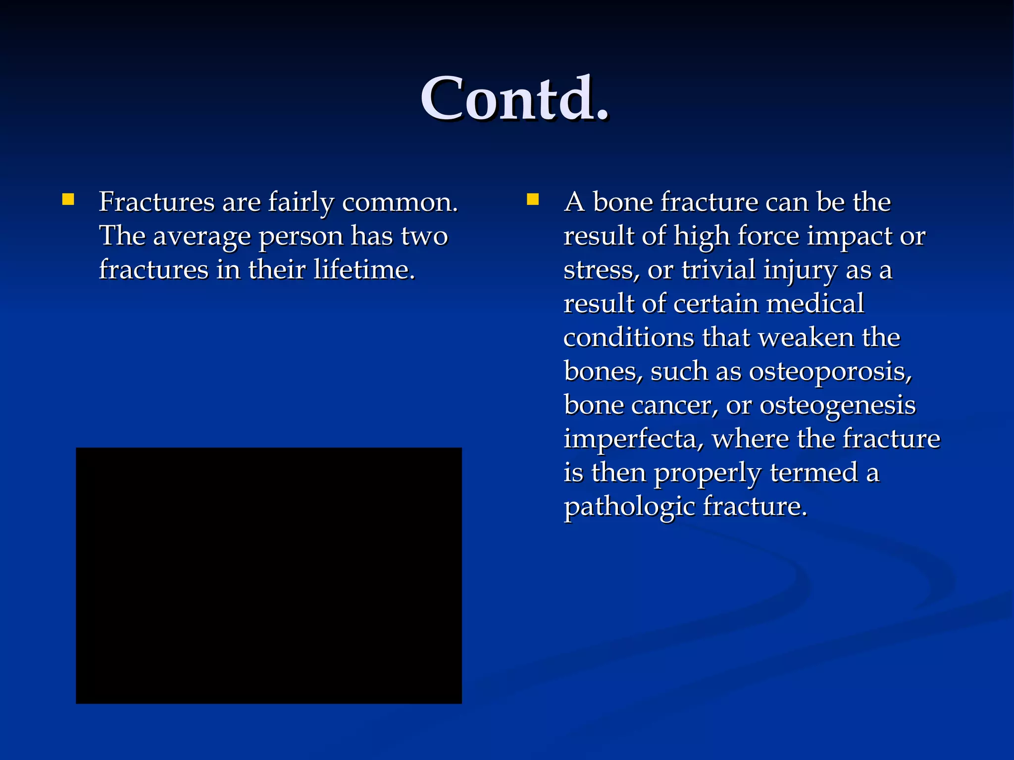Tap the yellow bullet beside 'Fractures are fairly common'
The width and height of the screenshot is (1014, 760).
coord(68,200)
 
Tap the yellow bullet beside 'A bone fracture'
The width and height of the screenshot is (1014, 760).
coord(533,200)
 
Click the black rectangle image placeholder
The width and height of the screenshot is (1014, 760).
coord(268,575)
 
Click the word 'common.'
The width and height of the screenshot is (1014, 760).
coord(400,203)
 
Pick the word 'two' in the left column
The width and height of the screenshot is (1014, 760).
coord(424,236)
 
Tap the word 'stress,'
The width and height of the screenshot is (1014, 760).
coord(601,271)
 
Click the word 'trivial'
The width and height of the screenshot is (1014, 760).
coord(718,270)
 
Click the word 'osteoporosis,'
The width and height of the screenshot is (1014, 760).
coord(830,372)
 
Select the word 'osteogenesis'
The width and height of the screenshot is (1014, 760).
coord(837,406)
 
